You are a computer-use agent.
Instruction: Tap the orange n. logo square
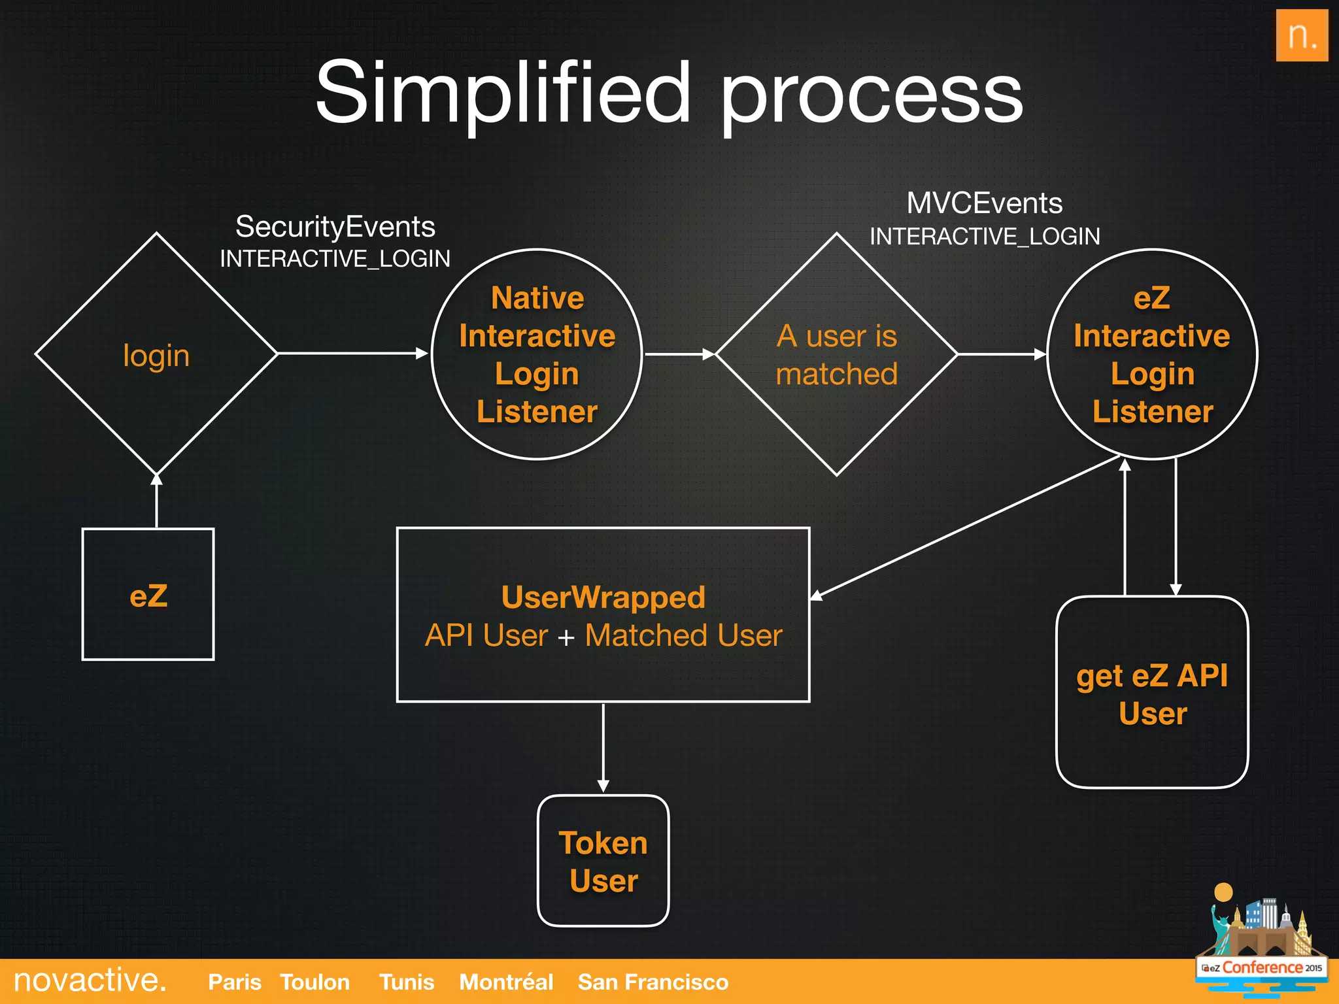pyautogui.click(x=1301, y=36)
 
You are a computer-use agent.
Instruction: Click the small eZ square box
pyautogui.click(x=148, y=595)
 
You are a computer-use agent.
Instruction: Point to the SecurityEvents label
pyautogui.click(x=335, y=227)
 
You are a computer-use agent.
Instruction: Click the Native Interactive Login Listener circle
pyautogui.click(x=537, y=354)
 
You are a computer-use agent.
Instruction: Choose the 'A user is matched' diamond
pyautogui.click(x=836, y=355)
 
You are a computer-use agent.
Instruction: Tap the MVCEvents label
pyautogui.click(x=984, y=203)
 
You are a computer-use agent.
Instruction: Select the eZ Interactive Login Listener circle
pyautogui.click(x=1152, y=354)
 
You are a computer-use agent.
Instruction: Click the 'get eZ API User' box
pyautogui.click(x=1152, y=693)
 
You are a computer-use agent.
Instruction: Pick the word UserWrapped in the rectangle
pyautogui.click(x=603, y=597)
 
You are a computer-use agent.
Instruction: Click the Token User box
pyautogui.click(x=603, y=861)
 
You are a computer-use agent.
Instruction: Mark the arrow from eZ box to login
pyautogui.click(x=156, y=502)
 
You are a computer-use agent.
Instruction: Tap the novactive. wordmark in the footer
pyautogui.click(x=90, y=980)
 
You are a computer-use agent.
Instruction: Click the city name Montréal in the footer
pyautogui.click(x=505, y=982)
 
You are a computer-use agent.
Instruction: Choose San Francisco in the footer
pyautogui.click(x=653, y=982)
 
